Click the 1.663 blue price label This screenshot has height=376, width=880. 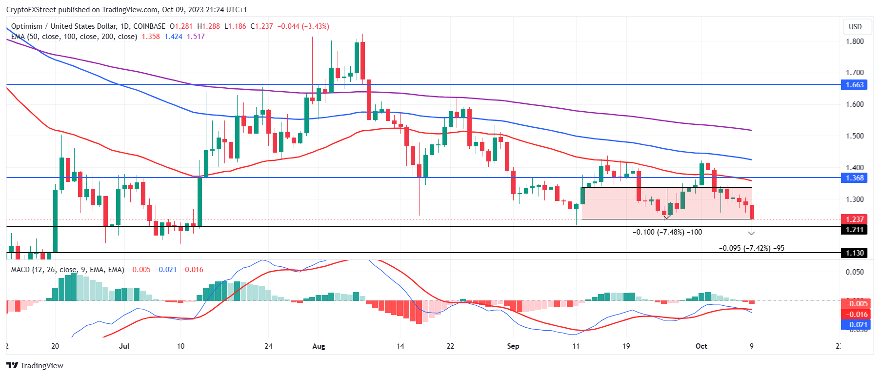[854, 85]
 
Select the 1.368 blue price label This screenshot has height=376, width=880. [854, 178]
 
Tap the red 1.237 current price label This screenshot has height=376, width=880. [854, 219]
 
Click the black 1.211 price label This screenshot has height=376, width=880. [854, 230]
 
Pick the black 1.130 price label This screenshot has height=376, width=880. [854, 253]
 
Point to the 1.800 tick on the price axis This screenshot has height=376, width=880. [855, 41]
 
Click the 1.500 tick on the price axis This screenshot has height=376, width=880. [855, 136]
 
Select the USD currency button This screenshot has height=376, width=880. [855, 27]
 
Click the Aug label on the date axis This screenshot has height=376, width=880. [319, 346]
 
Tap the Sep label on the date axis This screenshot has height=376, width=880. [513, 346]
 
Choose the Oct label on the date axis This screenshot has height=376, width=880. [701, 346]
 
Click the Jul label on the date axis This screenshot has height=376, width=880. [124, 346]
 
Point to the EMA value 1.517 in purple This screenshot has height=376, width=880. [196, 37]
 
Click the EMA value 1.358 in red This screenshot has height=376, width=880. [151, 37]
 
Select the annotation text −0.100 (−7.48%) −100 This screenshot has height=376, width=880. [667, 232]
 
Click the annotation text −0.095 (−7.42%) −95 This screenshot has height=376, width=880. [752, 248]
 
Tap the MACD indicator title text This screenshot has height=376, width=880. [68, 270]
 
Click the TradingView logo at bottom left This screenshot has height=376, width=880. [35, 366]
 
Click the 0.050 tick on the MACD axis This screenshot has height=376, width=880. [855, 272]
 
